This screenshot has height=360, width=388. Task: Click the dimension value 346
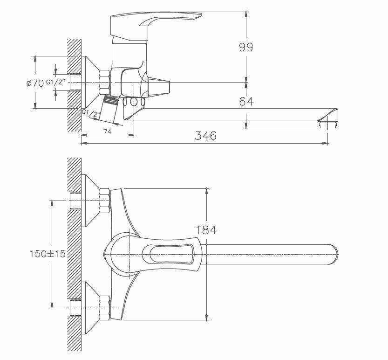(x=205, y=136)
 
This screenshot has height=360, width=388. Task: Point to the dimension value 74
(x=107, y=132)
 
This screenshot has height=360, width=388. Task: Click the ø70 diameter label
(x=35, y=83)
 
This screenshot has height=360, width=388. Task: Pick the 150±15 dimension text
(x=47, y=254)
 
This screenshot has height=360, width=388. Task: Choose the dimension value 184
(x=206, y=229)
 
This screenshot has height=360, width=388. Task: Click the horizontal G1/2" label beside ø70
(x=58, y=83)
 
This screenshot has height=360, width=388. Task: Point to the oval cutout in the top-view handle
(x=170, y=254)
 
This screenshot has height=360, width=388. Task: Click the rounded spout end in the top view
(x=333, y=254)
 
